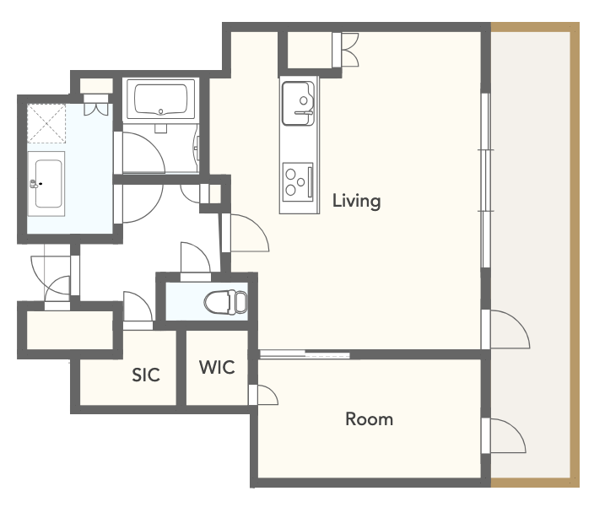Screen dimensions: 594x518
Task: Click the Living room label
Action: click(356, 201)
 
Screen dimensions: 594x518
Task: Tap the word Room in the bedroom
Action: click(369, 419)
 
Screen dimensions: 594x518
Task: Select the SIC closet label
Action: click(146, 375)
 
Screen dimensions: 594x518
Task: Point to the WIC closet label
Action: click(217, 367)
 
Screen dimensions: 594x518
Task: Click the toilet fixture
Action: click(226, 302)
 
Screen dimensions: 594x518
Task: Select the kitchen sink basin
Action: click(298, 104)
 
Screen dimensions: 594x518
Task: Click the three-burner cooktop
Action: click(298, 182)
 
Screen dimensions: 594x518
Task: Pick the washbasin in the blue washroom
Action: click(46, 184)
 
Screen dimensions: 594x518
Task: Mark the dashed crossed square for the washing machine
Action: click(46, 123)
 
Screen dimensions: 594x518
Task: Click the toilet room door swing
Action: click(196, 257)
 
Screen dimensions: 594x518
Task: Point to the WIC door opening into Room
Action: click(263, 395)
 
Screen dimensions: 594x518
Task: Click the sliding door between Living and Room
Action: click(305, 355)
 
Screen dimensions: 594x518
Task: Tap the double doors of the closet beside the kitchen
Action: click(346, 50)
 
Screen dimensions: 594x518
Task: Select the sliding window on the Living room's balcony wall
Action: click(486, 181)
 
